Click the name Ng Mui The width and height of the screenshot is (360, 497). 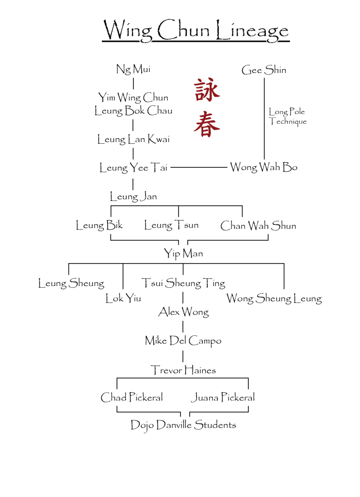(x=133, y=69)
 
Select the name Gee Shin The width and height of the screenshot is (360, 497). (x=264, y=70)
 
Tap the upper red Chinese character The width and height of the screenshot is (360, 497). (x=207, y=91)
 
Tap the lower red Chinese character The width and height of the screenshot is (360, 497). (x=207, y=124)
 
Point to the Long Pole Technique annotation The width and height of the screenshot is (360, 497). (x=288, y=116)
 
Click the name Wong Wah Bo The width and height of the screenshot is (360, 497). (x=263, y=167)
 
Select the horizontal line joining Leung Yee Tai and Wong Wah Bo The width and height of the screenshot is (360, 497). (x=199, y=167)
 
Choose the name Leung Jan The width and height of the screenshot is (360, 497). (x=133, y=197)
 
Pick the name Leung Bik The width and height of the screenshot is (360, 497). (x=99, y=225)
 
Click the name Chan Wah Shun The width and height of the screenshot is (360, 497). (x=258, y=226)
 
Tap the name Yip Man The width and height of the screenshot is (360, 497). (x=183, y=253)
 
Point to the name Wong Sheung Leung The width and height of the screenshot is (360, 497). (x=274, y=299)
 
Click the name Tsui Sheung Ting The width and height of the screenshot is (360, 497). (x=183, y=282)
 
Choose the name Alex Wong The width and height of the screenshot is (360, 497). (x=183, y=312)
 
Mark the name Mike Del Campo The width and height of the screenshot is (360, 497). (x=183, y=341)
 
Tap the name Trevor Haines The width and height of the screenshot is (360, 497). (x=183, y=370)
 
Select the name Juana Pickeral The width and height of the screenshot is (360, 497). (x=222, y=398)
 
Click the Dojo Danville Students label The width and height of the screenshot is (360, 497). (x=183, y=426)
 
